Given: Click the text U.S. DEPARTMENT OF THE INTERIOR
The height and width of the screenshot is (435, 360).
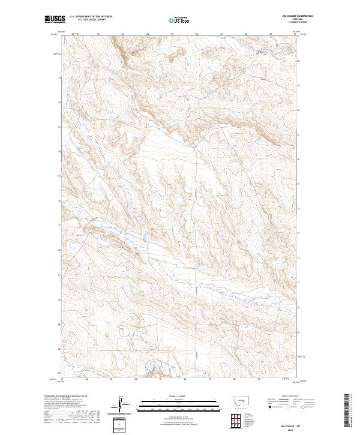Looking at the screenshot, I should [91, 17].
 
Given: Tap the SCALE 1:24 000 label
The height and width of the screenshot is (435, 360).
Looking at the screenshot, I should [173, 397].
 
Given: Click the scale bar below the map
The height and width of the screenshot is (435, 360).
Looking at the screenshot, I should [173, 406].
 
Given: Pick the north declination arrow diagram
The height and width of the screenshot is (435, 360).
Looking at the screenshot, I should [121, 406].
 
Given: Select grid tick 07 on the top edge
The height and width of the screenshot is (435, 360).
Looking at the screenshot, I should [221, 34].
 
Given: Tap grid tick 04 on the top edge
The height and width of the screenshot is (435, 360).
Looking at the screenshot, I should [148, 34].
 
